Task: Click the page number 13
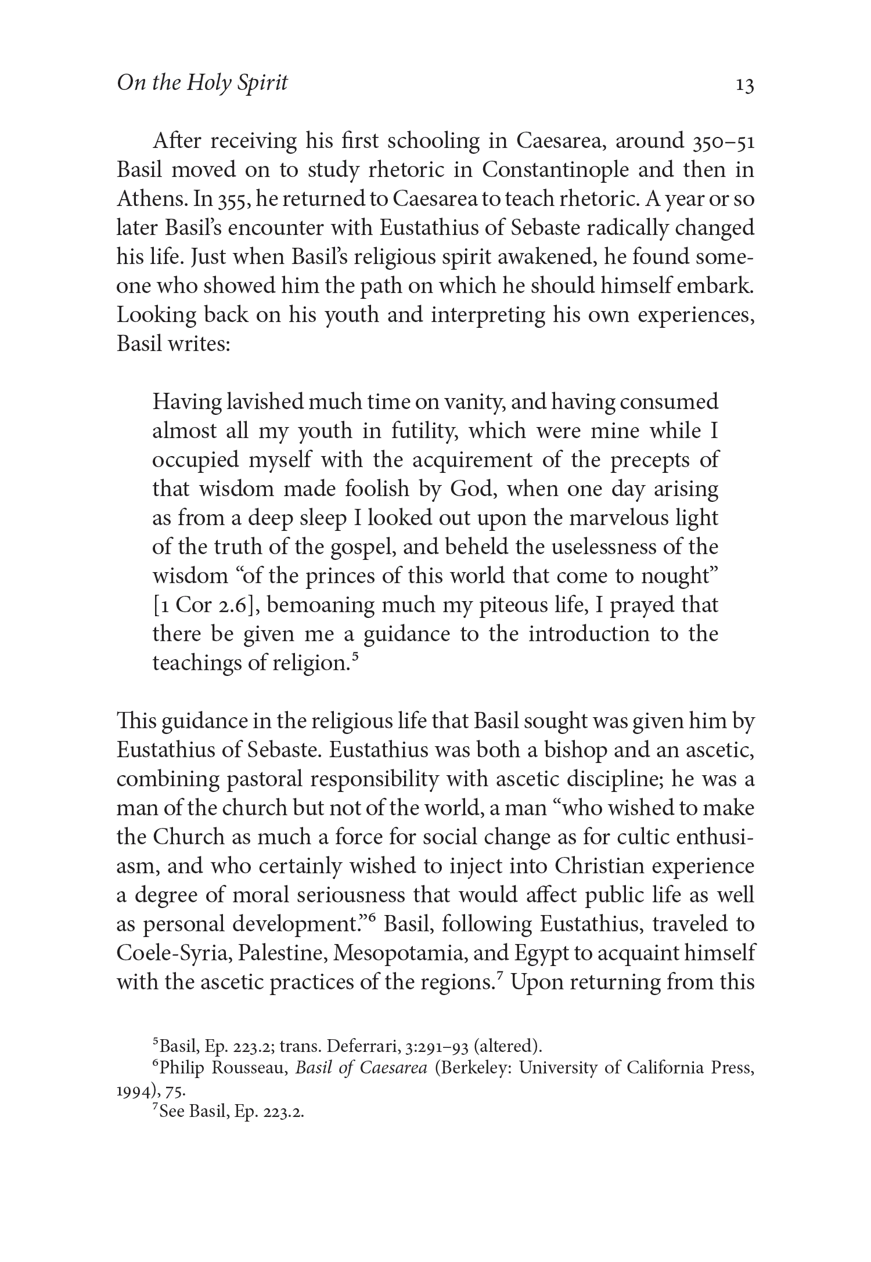coord(744,85)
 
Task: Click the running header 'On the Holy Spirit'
coord(202,83)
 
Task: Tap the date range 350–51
coord(724,142)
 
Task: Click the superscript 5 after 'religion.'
coord(354,658)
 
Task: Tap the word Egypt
coord(558,953)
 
